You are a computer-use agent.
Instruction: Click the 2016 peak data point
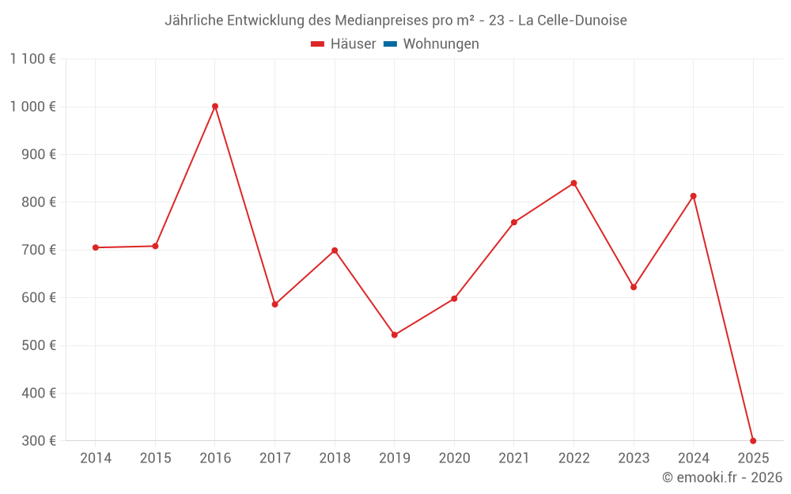(x=215, y=107)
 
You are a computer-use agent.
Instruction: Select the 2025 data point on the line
(x=753, y=441)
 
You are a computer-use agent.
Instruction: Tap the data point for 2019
(x=395, y=335)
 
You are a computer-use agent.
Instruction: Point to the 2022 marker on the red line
(x=573, y=183)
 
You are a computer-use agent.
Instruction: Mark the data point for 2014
(x=96, y=247)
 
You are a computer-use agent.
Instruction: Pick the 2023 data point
(x=634, y=287)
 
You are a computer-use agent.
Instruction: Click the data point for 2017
(x=275, y=304)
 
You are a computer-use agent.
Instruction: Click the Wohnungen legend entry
(x=441, y=44)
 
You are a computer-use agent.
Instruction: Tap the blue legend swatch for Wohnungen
(x=390, y=44)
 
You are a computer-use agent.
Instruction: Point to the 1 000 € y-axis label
(x=32, y=107)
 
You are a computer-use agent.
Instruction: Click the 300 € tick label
(x=37, y=441)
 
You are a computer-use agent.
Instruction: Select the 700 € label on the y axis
(x=37, y=250)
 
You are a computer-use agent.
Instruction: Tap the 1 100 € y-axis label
(x=32, y=58)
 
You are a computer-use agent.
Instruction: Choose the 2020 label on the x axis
(x=454, y=458)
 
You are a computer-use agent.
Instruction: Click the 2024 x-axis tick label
(x=694, y=458)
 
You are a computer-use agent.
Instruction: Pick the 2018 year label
(x=335, y=458)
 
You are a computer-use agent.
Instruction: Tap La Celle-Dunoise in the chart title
(x=573, y=21)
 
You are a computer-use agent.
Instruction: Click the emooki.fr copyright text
(x=722, y=477)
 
